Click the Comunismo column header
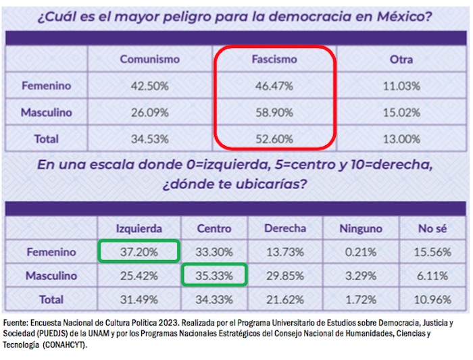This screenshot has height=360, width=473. coord(150,59)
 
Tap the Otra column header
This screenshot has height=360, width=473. coord(401,59)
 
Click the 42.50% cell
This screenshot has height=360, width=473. coord(150,86)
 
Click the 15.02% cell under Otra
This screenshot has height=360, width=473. coord(401,112)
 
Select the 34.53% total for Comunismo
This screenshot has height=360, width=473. coord(150,139)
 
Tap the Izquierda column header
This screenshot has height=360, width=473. coord(139,228)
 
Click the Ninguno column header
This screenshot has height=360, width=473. coord(360,228)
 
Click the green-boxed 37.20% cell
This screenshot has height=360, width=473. coord(139,252)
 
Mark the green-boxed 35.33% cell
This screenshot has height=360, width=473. coord(214,276)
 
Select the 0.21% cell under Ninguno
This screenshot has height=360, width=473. coord(360,252)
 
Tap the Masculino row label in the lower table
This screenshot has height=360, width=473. coord(51,276)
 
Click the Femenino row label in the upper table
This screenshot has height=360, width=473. coord(46,86)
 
